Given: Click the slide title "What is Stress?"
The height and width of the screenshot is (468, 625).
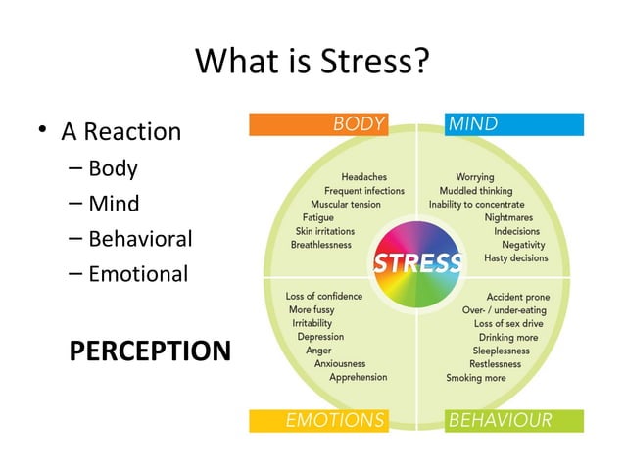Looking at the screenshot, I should coord(312,62).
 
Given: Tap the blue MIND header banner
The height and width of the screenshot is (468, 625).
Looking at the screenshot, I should coord(514,124).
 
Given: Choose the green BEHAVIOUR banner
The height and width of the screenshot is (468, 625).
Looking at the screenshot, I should coord(514,421).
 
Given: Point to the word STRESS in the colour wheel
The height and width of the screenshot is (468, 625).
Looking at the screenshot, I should coord(417,263).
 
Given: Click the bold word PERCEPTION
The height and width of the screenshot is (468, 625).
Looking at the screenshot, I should coord(150,351).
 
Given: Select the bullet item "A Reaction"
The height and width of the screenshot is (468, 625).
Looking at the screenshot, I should coord(121,131).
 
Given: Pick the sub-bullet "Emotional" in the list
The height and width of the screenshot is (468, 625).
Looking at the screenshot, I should coord(138,274).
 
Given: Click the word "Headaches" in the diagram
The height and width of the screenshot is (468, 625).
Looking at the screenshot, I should coord(363,177).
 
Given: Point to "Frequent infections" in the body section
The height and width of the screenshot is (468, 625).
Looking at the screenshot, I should coord(363,191).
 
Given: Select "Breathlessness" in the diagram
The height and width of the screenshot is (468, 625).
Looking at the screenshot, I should coord(320,245).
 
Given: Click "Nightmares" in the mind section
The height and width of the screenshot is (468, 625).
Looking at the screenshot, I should coord(511,218).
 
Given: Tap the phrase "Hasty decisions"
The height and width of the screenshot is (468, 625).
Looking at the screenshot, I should coord(516,257).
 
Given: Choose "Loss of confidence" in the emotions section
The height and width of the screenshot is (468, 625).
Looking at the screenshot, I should coord(323,296).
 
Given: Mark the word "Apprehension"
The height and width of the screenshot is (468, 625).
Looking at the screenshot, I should coord(358,377).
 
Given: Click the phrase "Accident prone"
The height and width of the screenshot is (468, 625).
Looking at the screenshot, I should coord(518,297).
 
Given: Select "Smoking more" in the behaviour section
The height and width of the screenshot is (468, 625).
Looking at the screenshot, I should coord(476,378).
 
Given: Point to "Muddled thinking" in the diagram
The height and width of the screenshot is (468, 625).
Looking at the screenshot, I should coord(475,191).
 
